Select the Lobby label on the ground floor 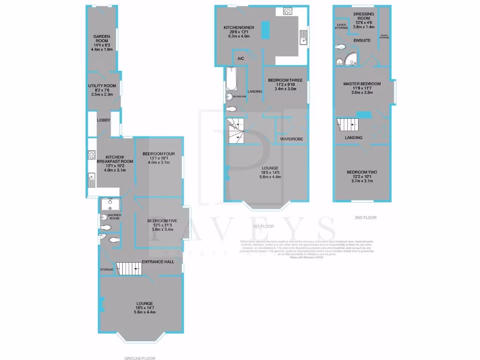click(104, 120)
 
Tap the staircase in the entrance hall click(129, 268)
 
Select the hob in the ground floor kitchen click(91, 155)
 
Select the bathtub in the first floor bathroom click(232, 79)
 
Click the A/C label click(241, 59)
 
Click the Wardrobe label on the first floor click(292, 139)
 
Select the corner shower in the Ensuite click(350, 58)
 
